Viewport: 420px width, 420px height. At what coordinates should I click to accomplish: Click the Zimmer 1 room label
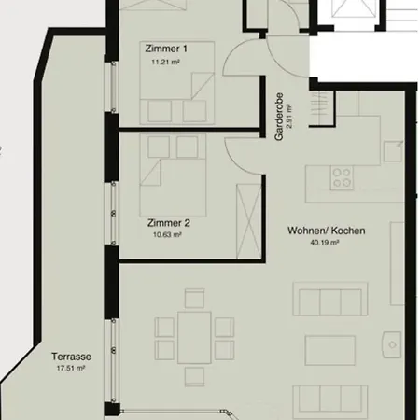[x=166, y=49]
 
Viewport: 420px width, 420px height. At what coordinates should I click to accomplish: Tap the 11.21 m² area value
[x=165, y=62]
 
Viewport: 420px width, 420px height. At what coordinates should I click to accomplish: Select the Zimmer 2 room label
[x=169, y=223]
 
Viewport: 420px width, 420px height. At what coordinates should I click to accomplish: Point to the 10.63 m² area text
[x=167, y=234]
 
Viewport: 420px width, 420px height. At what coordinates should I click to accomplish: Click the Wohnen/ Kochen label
[x=327, y=231]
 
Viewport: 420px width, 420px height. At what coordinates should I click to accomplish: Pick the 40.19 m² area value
[x=325, y=243]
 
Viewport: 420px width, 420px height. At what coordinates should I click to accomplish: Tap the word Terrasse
[x=71, y=357]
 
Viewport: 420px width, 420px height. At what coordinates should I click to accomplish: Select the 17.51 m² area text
[x=71, y=369]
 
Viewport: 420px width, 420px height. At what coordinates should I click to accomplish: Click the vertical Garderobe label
[x=279, y=117]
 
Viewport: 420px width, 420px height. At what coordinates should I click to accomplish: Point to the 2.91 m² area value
[x=289, y=117]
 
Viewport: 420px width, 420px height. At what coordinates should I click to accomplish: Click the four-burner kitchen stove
[x=342, y=177]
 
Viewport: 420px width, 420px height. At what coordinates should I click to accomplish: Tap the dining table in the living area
[x=194, y=338]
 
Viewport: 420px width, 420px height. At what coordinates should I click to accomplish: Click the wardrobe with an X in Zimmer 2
[x=249, y=221]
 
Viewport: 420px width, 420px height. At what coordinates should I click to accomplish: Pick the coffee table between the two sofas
[x=330, y=350]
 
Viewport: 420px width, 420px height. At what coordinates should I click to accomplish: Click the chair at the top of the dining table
[x=194, y=299]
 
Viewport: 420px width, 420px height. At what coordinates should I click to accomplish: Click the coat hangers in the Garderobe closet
[x=320, y=109]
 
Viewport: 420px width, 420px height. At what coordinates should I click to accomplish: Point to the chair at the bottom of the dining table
[x=194, y=377]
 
